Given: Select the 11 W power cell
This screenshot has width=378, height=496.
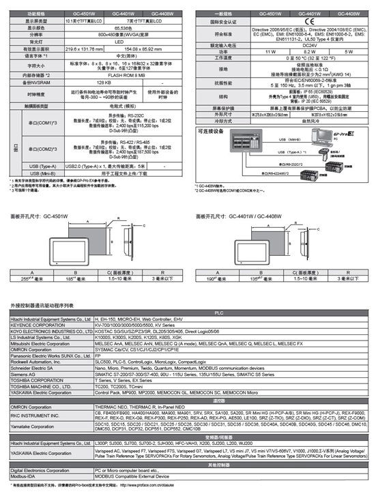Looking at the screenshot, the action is point(248,50).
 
